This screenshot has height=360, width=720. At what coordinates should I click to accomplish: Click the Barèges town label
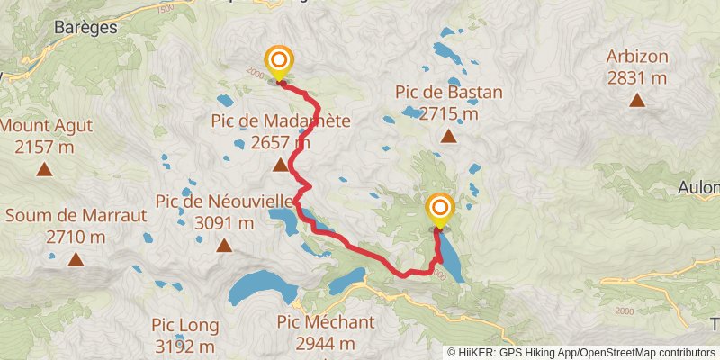tap(86, 28)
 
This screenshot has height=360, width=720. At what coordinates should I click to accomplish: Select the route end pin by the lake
tap(439, 211)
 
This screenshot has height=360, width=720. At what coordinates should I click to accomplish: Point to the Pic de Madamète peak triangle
tap(280, 165)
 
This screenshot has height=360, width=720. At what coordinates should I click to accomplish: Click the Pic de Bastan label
tap(448, 92)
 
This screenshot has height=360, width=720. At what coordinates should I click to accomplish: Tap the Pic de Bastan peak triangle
tap(448, 137)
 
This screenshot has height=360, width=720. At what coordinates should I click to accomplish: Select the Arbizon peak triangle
tap(637, 101)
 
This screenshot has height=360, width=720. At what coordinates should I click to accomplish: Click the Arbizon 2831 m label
tap(637, 67)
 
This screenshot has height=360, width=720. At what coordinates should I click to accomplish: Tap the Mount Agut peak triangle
tap(43, 169)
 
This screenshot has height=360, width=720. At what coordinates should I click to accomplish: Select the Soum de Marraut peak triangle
tap(76, 260)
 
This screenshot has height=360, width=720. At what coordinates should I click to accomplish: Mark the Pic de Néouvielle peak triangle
tap(223, 244)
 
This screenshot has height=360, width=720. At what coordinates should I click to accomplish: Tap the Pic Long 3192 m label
tap(184, 334)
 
